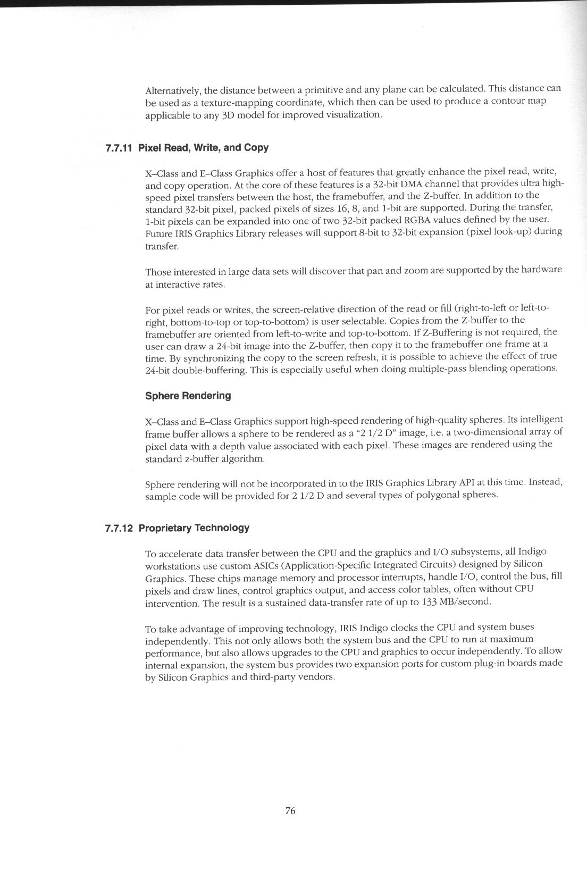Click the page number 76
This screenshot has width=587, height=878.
[x=290, y=810]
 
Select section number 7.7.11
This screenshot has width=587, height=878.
[x=119, y=148]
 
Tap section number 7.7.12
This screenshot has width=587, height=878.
[x=119, y=528]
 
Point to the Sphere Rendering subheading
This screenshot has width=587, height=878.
[x=188, y=396]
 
